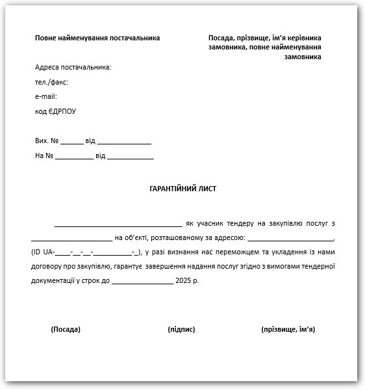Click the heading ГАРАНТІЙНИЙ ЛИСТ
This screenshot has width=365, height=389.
tap(182, 189)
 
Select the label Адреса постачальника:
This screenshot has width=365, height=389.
tap(73, 68)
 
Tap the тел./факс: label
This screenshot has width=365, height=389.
tap(51, 82)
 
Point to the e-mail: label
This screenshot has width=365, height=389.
tap(46, 96)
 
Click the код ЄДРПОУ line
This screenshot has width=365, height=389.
tap(55, 111)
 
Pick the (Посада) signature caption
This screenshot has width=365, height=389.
tap(66, 329)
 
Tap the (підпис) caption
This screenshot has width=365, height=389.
tap(181, 329)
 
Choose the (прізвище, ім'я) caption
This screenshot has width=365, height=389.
tap(288, 329)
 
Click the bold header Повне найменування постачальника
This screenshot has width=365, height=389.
tap(97, 38)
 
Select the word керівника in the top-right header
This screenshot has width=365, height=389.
tap(303, 38)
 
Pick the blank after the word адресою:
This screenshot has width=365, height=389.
tap(290, 239)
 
